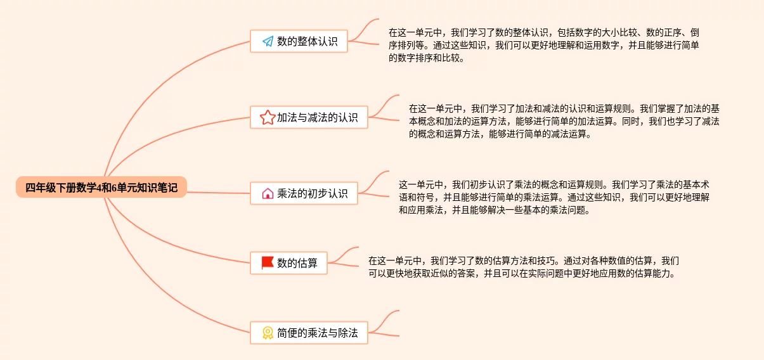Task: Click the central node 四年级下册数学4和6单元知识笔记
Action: tap(101, 188)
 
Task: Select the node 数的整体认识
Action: tap(299, 42)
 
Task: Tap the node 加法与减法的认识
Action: tap(309, 117)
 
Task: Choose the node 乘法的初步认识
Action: tap(304, 193)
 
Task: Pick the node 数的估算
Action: tap(289, 262)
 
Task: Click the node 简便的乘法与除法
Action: tap(309, 332)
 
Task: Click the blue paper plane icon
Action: tap(268, 42)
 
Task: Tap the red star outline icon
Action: tap(268, 117)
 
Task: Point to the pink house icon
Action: tap(268, 193)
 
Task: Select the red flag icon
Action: tap(268, 262)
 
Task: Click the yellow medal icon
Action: tap(268, 332)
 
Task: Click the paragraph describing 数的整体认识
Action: tap(544, 45)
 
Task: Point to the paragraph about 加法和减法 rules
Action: tap(564, 121)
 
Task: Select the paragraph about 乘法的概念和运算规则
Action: tap(554, 198)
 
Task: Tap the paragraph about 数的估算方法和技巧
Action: tap(524, 267)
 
